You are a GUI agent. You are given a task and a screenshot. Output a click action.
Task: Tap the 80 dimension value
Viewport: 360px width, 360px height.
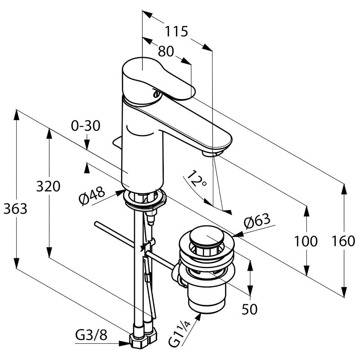point(163,51)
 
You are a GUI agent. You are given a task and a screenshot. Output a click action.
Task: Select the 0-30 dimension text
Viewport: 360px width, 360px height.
point(86,126)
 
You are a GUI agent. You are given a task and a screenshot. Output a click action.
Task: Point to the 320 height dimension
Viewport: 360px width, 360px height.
point(48,186)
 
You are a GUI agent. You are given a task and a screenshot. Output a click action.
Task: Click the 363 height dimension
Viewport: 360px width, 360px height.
point(15,209)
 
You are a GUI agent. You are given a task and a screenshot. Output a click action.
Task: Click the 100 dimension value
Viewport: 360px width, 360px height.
point(305,241)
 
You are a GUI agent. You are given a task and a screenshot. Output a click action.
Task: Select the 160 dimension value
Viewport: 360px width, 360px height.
point(343,241)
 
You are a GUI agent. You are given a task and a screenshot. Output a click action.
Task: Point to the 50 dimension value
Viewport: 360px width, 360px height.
point(249,309)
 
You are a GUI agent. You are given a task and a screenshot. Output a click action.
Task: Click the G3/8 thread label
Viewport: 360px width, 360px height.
point(91,335)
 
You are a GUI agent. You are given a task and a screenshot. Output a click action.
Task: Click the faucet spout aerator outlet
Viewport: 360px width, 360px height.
point(210,153)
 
